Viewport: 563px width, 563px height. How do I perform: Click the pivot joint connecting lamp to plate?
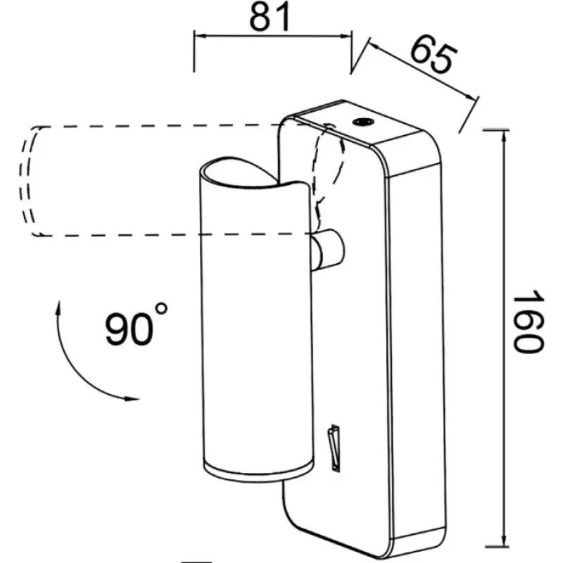[x=328, y=251]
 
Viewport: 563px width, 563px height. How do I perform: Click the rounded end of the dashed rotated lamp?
[x=30, y=181]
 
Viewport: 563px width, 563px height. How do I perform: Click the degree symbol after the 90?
[x=161, y=310]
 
